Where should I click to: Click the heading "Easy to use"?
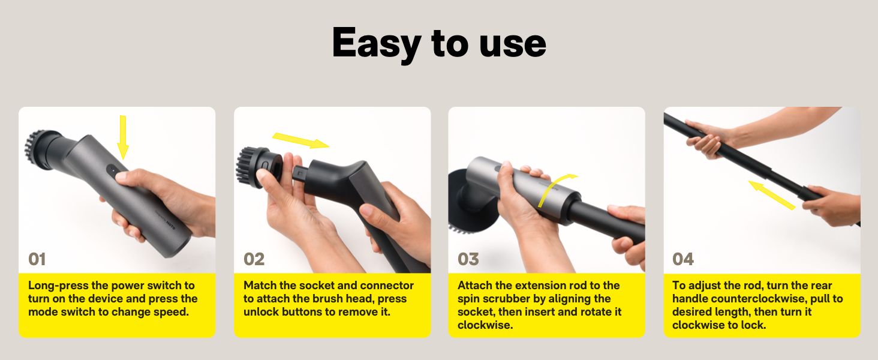pyautogui.click(x=438, y=44)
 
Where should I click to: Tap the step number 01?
pyautogui.click(x=37, y=259)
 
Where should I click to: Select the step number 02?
pyautogui.click(x=254, y=259)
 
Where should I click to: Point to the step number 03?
pyautogui.click(x=468, y=259)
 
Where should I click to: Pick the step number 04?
pyautogui.click(x=683, y=259)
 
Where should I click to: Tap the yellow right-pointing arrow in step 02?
pyautogui.click(x=300, y=140)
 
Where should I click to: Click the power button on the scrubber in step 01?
pyautogui.click(x=112, y=170)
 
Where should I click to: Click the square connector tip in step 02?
pyautogui.click(x=298, y=173)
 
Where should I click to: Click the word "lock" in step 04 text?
pyautogui.click(x=753, y=325)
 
